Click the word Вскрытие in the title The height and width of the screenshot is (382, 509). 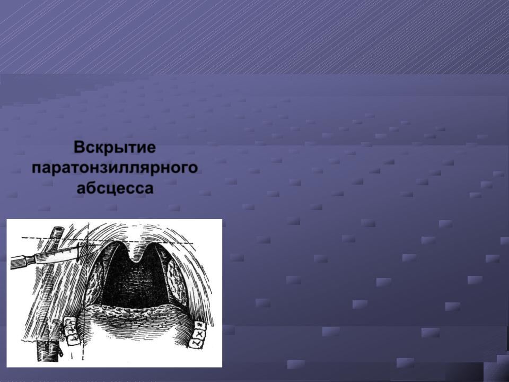tap(115, 147)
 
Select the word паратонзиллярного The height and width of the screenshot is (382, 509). tap(115, 168)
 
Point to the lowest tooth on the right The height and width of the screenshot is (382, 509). tap(196, 343)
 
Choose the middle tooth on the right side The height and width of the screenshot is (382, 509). tap(199, 334)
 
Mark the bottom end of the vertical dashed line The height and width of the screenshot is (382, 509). tap(83, 359)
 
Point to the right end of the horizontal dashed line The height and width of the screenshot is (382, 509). tap(194, 243)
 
